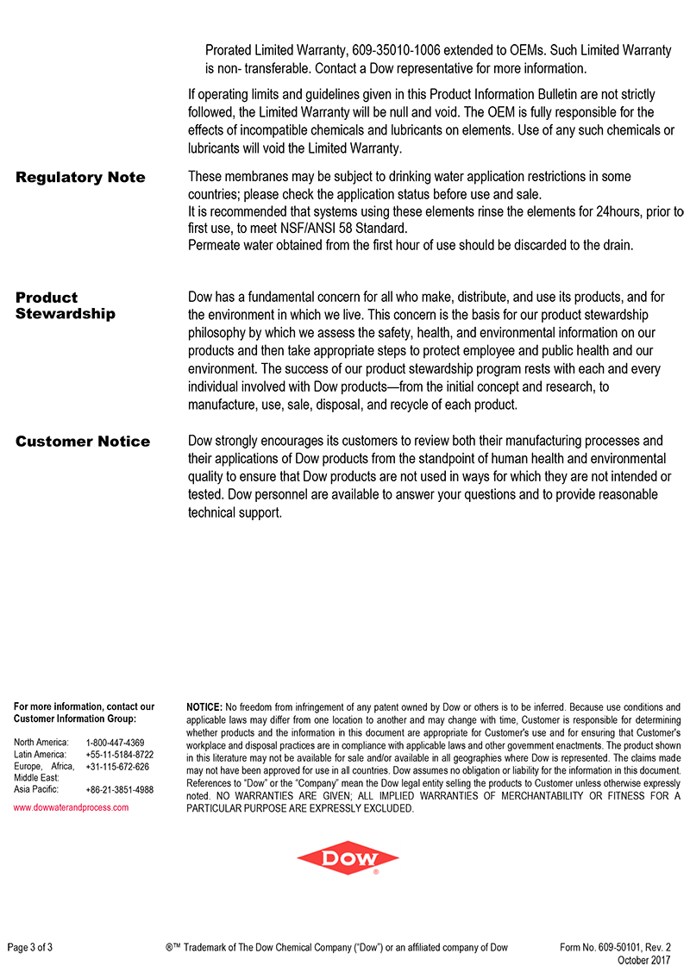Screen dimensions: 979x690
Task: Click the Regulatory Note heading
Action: click(80, 178)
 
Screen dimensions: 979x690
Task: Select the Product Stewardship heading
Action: click(65, 305)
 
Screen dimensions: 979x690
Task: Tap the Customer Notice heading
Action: click(83, 442)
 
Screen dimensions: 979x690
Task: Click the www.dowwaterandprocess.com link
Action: click(72, 807)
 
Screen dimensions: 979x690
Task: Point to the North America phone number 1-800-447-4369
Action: click(116, 743)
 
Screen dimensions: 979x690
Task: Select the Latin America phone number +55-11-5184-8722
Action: click(120, 755)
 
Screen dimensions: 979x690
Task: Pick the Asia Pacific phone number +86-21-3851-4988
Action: click(120, 789)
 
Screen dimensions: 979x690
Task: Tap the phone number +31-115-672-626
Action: click(117, 767)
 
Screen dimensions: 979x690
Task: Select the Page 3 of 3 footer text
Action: click(30, 947)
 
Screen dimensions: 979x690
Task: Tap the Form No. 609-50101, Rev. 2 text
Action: click(615, 947)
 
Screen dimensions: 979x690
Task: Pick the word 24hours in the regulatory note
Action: click(607, 211)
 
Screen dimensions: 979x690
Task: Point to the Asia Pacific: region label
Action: click(37, 789)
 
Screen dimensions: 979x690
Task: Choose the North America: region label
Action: click(41, 743)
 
